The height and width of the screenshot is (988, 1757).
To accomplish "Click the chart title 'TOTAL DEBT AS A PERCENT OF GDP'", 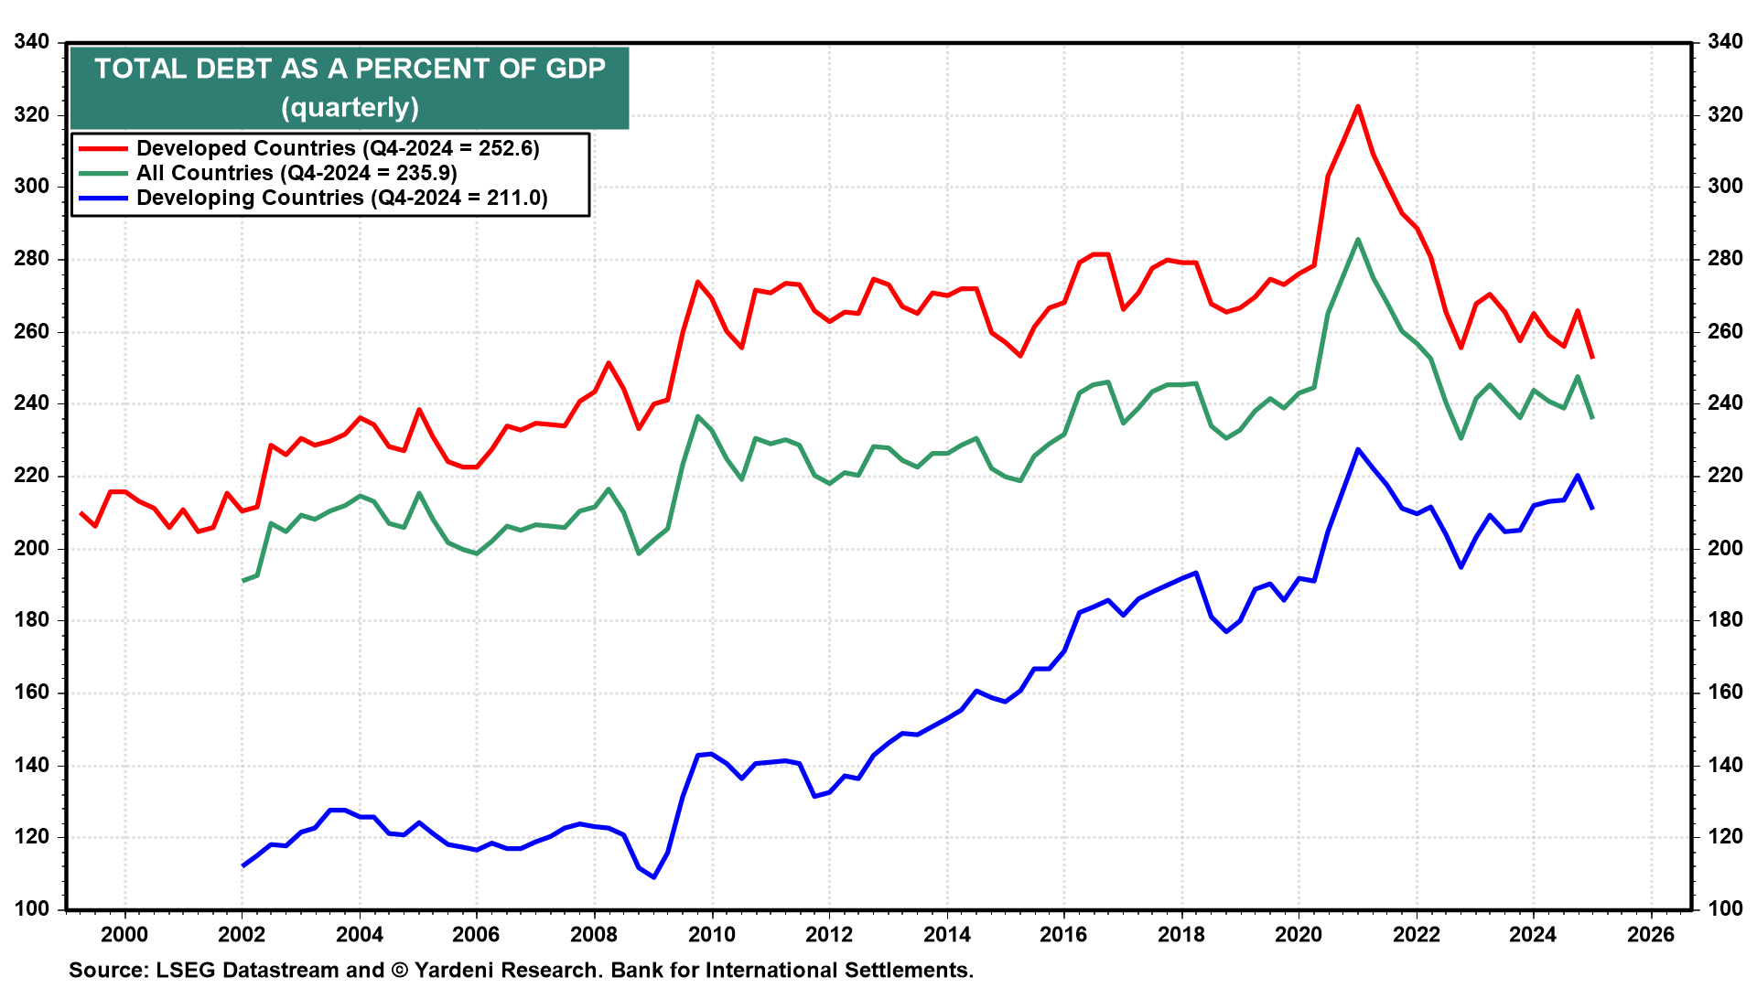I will [350, 70].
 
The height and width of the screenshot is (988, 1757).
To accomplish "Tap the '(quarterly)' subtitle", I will [350, 108].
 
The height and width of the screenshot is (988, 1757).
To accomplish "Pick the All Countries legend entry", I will [296, 173].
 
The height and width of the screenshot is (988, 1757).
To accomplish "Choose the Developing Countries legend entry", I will [340, 198].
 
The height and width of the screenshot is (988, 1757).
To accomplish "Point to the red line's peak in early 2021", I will [1357, 107].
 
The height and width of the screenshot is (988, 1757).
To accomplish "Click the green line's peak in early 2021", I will [1357, 240].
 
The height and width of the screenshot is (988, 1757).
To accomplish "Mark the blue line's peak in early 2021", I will [1357, 449].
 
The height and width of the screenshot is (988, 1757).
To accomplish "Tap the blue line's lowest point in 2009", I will [653, 877].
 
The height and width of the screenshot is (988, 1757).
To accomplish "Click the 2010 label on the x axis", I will [711, 935].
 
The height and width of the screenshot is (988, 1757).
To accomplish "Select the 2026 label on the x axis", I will [1651, 935].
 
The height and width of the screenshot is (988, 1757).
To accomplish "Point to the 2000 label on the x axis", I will [124, 935].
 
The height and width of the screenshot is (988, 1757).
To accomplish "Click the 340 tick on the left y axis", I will [32, 42].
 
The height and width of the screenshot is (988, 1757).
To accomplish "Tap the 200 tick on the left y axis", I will [32, 549].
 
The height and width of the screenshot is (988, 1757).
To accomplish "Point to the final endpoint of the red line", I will [1592, 358].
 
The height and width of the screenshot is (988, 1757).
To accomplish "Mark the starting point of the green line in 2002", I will [243, 581].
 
